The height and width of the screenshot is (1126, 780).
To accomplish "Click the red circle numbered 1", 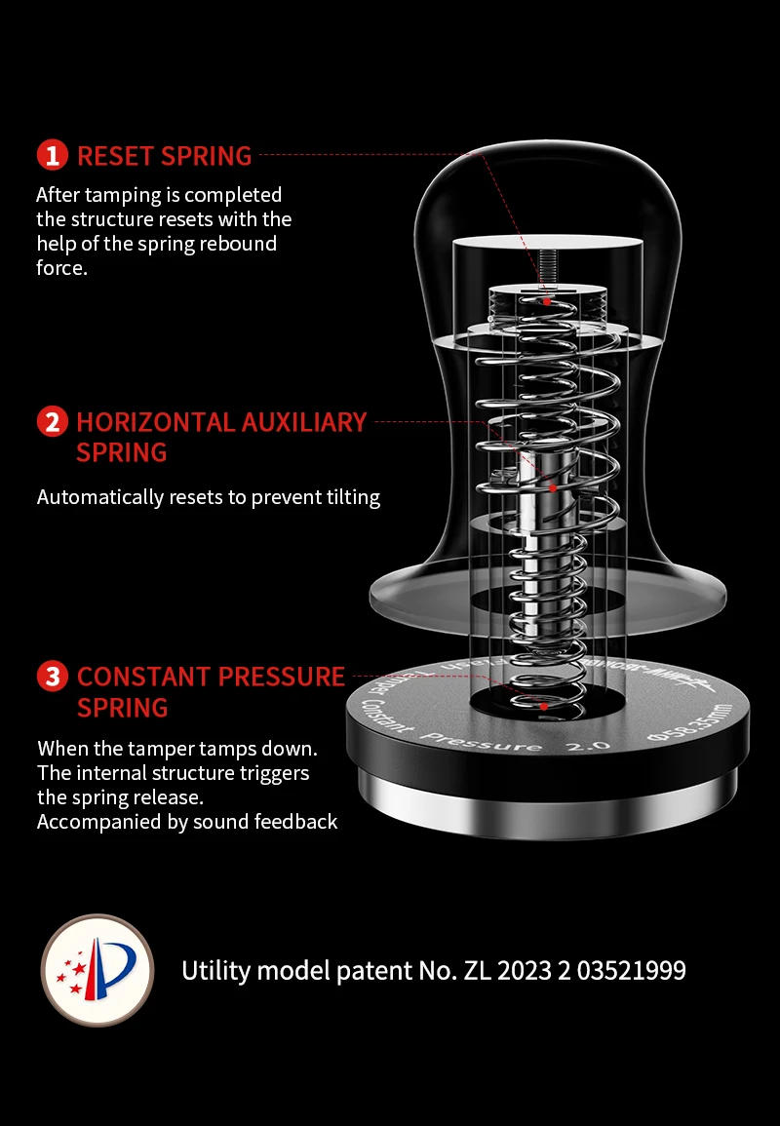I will point(53,156).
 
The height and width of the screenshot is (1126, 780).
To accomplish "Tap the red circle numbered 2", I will point(53,423).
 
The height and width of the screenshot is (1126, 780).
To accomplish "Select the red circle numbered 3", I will point(53,677).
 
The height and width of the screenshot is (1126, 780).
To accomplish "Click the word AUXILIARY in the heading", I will point(304,423).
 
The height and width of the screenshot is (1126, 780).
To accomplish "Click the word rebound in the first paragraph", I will point(238,243).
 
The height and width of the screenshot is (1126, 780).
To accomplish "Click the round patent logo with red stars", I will point(97,970).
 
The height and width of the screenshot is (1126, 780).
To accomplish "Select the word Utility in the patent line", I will point(214,971).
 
